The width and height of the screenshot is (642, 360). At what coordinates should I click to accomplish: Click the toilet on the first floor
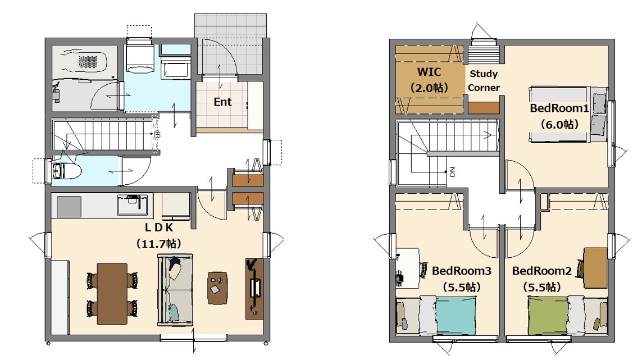[63, 171]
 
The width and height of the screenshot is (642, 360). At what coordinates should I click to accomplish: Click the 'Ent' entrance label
[223, 102]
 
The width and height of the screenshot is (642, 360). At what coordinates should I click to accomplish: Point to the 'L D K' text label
[159, 227]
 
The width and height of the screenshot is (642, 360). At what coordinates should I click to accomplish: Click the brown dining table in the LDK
[112, 294]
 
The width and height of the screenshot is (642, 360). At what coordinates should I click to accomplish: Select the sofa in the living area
[175, 290]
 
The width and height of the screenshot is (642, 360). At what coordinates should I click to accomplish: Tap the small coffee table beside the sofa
[217, 288]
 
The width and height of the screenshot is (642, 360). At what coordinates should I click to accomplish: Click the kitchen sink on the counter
[132, 205]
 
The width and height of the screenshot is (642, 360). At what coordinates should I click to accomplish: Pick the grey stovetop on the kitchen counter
[69, 207]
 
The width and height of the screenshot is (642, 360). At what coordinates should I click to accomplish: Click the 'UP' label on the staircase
[158, 134]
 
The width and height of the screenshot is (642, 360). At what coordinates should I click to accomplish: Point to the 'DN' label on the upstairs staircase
[452, 172]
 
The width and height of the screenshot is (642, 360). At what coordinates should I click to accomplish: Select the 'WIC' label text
[429, 72]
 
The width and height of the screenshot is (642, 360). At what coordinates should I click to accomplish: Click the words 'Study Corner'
[484, 81]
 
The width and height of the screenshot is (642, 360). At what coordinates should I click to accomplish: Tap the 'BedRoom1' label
[559, 108]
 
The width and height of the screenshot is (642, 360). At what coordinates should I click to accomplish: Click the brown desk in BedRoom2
[595, 268]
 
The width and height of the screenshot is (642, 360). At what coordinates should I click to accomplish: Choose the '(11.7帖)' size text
[159, 244]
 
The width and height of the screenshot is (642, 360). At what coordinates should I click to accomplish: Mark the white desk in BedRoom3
[408, 267]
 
